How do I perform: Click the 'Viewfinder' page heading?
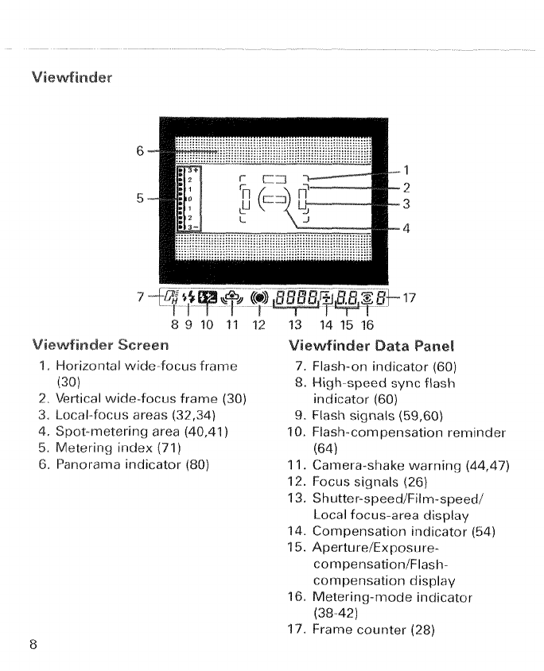pos(72,77)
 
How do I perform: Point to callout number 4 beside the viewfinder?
pos(406,229)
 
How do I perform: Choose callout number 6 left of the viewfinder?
pos(140,150)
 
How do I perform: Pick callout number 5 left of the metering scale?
pos(140,199)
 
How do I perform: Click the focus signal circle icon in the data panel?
pos(260,298)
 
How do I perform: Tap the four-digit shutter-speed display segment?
pos(297,298)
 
